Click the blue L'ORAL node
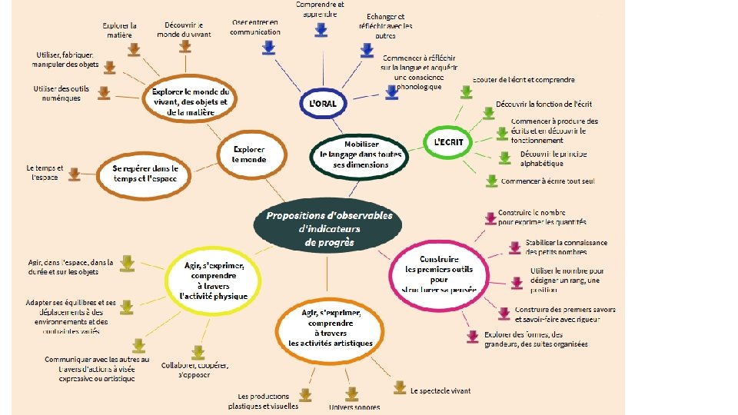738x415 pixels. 323,102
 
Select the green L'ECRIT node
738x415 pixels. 449,142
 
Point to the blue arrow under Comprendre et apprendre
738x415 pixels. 321,29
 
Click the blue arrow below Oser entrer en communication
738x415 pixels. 268,48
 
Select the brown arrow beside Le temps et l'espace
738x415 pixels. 75,174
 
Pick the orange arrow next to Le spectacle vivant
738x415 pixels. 399,387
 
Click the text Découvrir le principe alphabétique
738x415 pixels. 553,158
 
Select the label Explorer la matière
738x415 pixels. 120,30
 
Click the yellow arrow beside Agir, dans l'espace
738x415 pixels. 127,264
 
